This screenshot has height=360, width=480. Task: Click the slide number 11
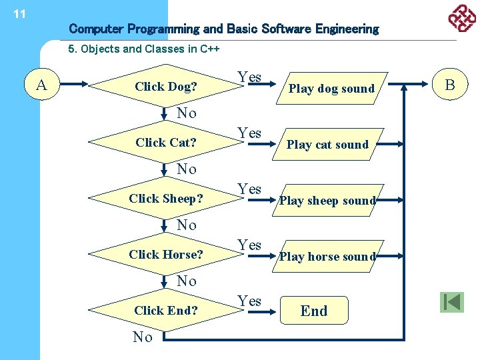tap(19, 14)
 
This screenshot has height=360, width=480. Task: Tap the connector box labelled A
tap(42, 85)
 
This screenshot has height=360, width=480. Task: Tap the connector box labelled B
tap(449, 85)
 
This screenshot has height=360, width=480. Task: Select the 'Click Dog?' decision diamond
tap(165, 86)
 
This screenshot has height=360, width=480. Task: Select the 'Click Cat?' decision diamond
tap(165, 142)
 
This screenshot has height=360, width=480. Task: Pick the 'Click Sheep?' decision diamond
tap(165, 198)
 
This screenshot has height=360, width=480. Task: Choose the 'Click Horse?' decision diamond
tap(165, 254)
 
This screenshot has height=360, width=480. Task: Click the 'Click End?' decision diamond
tap(165, 310)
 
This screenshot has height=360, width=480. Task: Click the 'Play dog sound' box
tap(331, 89)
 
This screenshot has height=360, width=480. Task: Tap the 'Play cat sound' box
tap(327, 144)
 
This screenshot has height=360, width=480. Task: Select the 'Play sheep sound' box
tap(327, 200)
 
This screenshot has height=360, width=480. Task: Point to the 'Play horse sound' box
tap(327, 256)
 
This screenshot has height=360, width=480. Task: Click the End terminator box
tap(314, 311)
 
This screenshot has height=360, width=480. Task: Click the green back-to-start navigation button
tap(451, 302)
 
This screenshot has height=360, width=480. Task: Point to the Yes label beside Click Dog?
tap(249, 77)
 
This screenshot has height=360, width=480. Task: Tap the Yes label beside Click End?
tap(249, 301)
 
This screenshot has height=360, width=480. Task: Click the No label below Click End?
tap(143, 337)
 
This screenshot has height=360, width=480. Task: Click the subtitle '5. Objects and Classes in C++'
tap(144, 49)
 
